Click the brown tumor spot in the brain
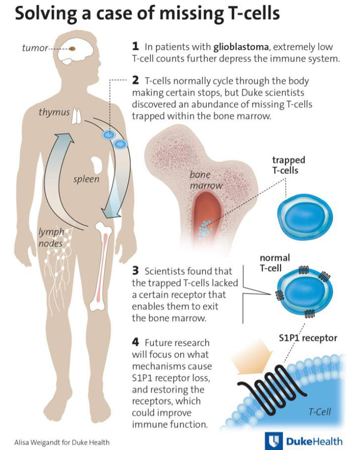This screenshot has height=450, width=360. click(x=72, y=49)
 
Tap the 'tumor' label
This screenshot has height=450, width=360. click(x=35, y=48)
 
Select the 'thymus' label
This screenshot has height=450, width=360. click(x=54, y=112)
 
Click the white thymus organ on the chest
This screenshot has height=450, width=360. click(x=76, y=116)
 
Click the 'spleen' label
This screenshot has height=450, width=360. click(x=86, y=179)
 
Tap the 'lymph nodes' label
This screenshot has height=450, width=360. click(x=51, y=237)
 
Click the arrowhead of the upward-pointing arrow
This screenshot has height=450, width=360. click(x=64, y=138)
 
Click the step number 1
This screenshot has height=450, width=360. click(x=135, y=46)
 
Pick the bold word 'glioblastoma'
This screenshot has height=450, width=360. click(x=241, y=47)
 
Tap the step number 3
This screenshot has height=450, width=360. click(x=135, y=271)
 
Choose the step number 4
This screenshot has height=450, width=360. click(x=135, y=342)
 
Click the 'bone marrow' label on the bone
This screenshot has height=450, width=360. click(x=206, y=180)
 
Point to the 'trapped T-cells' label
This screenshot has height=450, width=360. click(x=288, y=165)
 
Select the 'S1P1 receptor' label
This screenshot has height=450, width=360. click(x=308, y=338)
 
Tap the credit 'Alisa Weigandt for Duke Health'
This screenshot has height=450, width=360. click(x=62, y=442)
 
